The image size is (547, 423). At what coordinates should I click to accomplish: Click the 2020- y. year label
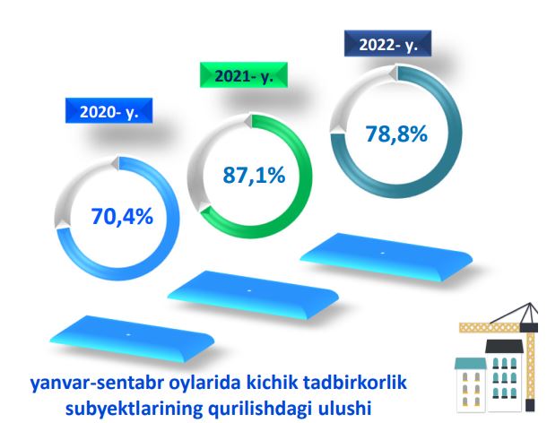tap(109, 111)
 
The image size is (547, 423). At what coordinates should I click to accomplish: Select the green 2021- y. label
tap(244, 75)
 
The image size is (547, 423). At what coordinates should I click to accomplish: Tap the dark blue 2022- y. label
tap(388, 44)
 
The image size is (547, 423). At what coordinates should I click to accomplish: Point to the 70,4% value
tap(122, 216)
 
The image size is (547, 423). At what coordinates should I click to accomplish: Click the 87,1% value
tap(254, 175)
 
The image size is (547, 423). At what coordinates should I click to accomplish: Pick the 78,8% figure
tap(396, 134)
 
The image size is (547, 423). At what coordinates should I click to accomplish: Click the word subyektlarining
tap(134, 409)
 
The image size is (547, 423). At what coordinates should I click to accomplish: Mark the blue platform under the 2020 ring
tap(132, 338)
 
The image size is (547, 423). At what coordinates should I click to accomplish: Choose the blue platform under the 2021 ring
tap(253, 295)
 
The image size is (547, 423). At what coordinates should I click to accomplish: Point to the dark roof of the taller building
tap(504, 346)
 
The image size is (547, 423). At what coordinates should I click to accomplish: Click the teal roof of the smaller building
tap(470, 363)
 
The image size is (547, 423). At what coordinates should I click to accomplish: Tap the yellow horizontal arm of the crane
tap(490, 327)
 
